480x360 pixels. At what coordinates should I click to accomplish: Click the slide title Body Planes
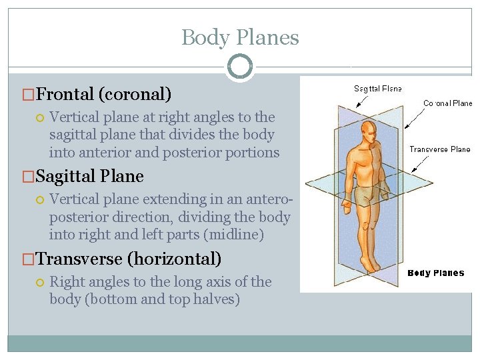click(240, 37)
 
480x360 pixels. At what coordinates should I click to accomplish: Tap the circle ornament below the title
click(240, 67)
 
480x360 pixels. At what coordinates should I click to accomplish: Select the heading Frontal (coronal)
click(103, 93)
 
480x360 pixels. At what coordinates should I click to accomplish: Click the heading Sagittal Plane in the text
click(89, 176)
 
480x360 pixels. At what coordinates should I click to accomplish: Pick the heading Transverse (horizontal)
click(128, 259)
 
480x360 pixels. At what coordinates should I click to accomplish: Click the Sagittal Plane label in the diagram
click(378, 89)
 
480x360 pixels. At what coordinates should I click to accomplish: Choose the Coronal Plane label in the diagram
click(447, 103)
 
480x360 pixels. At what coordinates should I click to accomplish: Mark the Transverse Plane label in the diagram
click(439, 149)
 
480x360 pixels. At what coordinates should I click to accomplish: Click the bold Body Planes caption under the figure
click(435, 273)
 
